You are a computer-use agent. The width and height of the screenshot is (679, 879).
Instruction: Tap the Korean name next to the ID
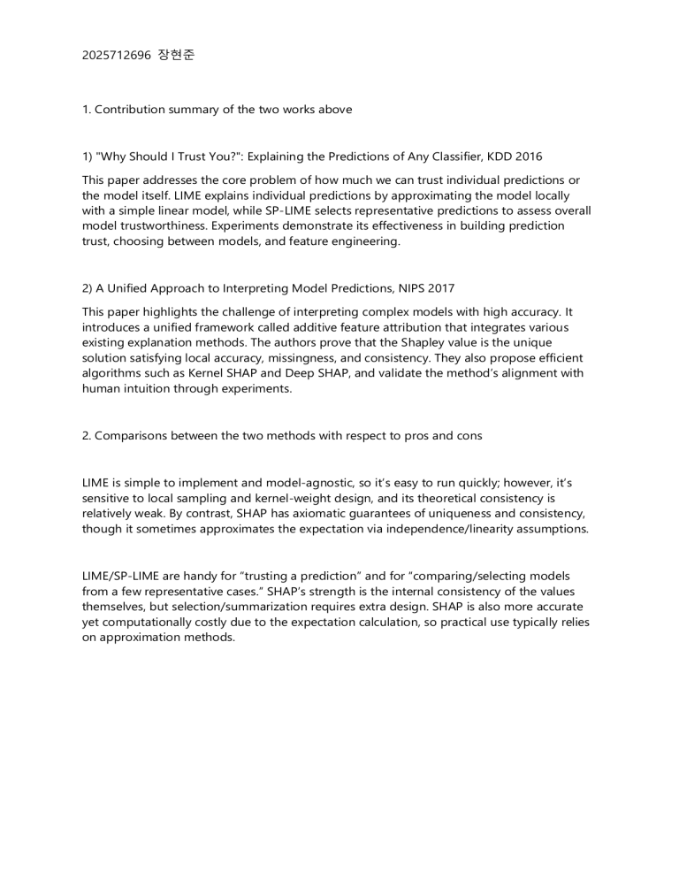pyautogui.click(x=177, y=55)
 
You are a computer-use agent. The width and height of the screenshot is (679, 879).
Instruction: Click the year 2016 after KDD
pyautogui.click(x=528, y=157)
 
